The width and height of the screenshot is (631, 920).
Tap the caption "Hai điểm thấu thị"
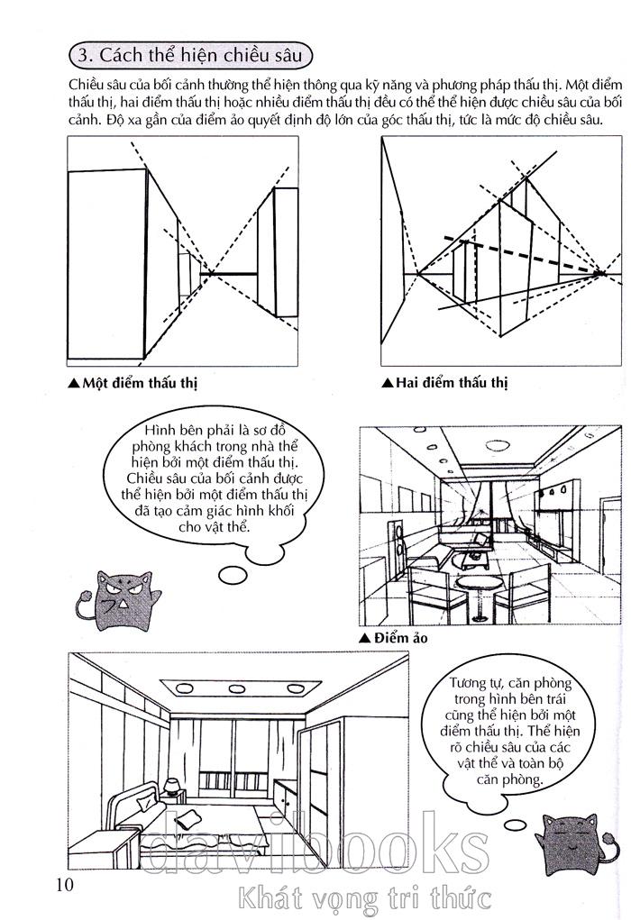451,383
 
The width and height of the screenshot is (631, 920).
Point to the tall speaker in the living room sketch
401,550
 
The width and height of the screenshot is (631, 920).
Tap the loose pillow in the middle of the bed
191,818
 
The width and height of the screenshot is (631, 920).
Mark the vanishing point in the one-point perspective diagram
210,273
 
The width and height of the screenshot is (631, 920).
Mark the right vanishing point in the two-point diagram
602,270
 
